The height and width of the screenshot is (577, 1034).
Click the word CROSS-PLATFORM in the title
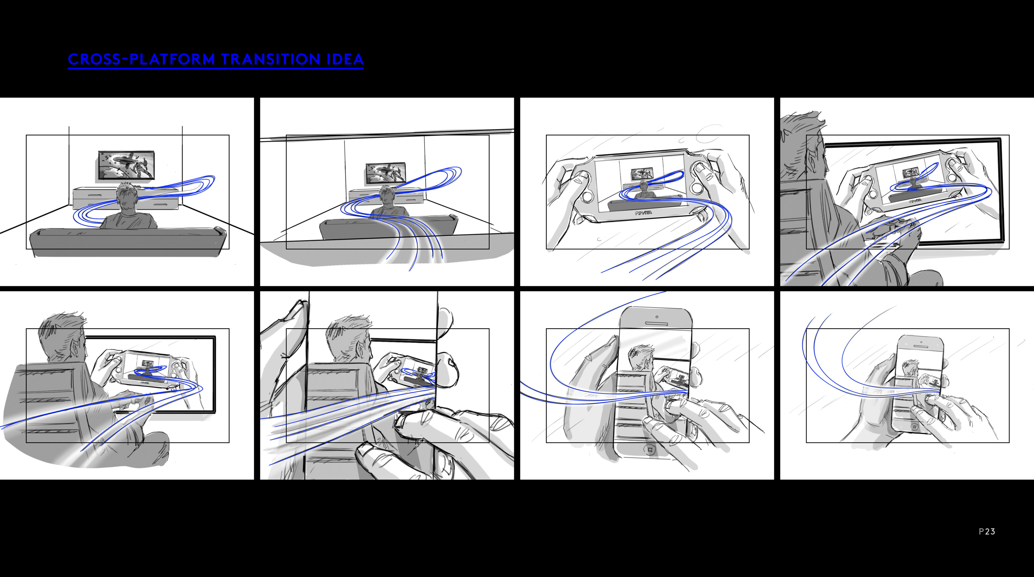point(142,59)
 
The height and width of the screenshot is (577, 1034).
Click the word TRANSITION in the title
point(271,59)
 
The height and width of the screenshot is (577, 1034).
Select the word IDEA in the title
point(345,59)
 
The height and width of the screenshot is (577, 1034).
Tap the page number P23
point(987,531)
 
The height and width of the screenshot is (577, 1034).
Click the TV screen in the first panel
point(126,165)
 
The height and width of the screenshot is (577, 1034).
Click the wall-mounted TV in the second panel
point(385,173)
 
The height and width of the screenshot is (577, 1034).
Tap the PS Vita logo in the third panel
point(643,213)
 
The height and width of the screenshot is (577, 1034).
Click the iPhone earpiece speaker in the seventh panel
point(656,324)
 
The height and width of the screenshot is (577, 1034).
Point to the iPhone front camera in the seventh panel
point(657,317)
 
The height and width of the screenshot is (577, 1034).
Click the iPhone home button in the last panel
point(915,427)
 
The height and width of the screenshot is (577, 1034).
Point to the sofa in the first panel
point(128,241)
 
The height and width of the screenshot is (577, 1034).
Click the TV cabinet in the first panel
point(125,198)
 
